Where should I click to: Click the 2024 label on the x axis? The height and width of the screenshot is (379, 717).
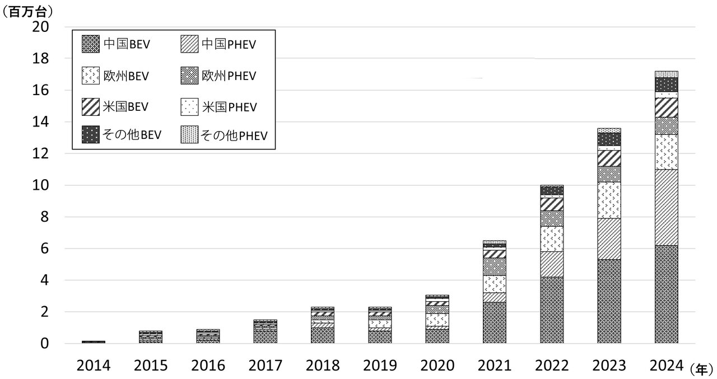click(x=667, y=366)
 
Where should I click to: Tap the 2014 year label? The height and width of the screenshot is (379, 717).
click(x=94, y=366)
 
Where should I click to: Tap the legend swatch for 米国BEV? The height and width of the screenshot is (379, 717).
click(x=91, y=105)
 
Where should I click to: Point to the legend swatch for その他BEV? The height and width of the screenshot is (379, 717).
click(x=91, y=135)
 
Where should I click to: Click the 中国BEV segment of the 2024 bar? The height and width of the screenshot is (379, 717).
click(x=667, y=294)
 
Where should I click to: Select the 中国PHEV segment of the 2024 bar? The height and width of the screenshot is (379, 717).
click(x=667, y=207)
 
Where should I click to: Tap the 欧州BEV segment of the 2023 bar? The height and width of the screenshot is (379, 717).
click(x=609, y=200)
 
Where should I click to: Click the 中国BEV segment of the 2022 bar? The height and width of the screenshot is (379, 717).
click(x=552, y=310)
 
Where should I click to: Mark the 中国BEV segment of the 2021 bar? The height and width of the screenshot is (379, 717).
click(x=495, y=322)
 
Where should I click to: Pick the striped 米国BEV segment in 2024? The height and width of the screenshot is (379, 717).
click(x=667, y=107)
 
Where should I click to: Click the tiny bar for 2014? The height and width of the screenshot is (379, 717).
click(x=94, y=341)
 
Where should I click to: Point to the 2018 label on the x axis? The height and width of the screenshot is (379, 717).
click(x=323, y=366)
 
